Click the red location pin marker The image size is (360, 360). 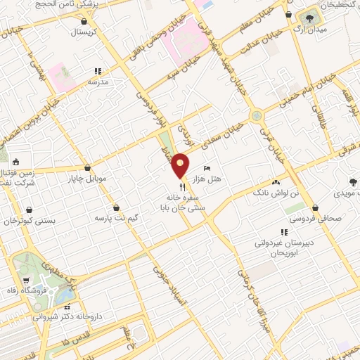pyautogui.click(x=181, y=165)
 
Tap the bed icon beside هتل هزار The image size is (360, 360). pyautogui.click(x=206, y=169)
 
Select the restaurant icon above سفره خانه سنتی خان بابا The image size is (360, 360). pyautogui.click(x=183, y=186)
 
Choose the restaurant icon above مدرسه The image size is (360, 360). pyautogui.click(x=98, y=70)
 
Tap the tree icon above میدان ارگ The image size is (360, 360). pyautogui.click(x=307, y=17)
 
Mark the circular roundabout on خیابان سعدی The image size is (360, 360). pyautogui.click(x=255, y=115)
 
